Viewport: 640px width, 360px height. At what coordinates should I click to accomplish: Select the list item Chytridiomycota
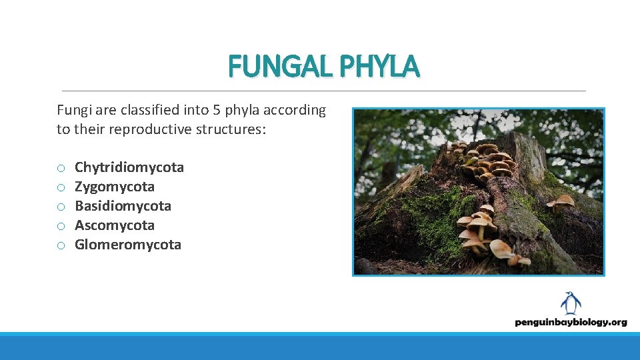pos(129,167)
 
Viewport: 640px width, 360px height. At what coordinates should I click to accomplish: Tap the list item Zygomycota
pos(114,187)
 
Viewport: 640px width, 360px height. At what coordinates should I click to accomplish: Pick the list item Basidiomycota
pos(123,206)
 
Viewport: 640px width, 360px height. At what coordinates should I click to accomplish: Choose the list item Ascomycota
pos(114,225)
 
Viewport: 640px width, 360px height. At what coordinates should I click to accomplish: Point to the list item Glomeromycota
pos(127,245)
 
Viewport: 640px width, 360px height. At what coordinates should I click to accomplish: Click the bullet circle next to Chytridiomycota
pos(61,168)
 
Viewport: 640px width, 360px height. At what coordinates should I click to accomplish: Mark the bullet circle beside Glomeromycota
pos(61,245)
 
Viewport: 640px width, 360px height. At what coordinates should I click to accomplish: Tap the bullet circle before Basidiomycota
pos(61,207)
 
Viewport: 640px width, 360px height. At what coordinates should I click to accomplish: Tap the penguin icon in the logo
pos(571,303)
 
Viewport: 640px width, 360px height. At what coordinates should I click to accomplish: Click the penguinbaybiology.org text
pos(571,322)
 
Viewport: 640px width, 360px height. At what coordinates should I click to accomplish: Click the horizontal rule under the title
pos(323,91)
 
